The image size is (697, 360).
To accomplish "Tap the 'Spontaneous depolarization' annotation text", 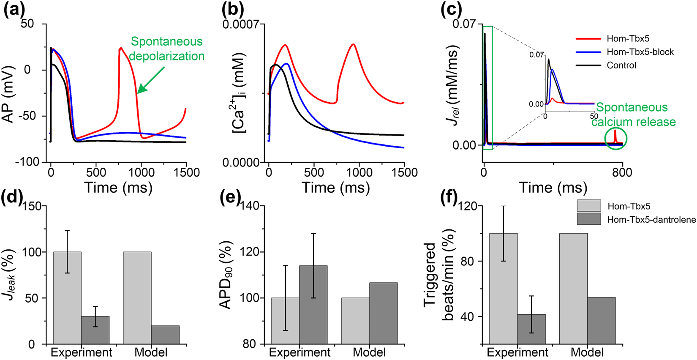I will pyautogui.click(x=167, y=49).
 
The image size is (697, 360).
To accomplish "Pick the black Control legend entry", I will pyautogui.click(x=621, y=65).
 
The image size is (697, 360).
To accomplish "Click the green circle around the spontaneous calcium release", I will pyautogui.click(x=615, y=139).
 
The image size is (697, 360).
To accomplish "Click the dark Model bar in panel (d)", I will pyautogui.click(x=165, y=334).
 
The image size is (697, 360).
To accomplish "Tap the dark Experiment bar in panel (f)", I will pyautogui.click(x=531, y=329).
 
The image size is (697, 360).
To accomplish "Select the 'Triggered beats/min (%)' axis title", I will pyautogui.click(x=439, y=275).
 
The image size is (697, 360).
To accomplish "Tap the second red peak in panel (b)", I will pyautogui.click(x=353, y=44).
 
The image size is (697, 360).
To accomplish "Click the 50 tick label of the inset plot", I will pyautogui.click(x=594, y=116).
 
